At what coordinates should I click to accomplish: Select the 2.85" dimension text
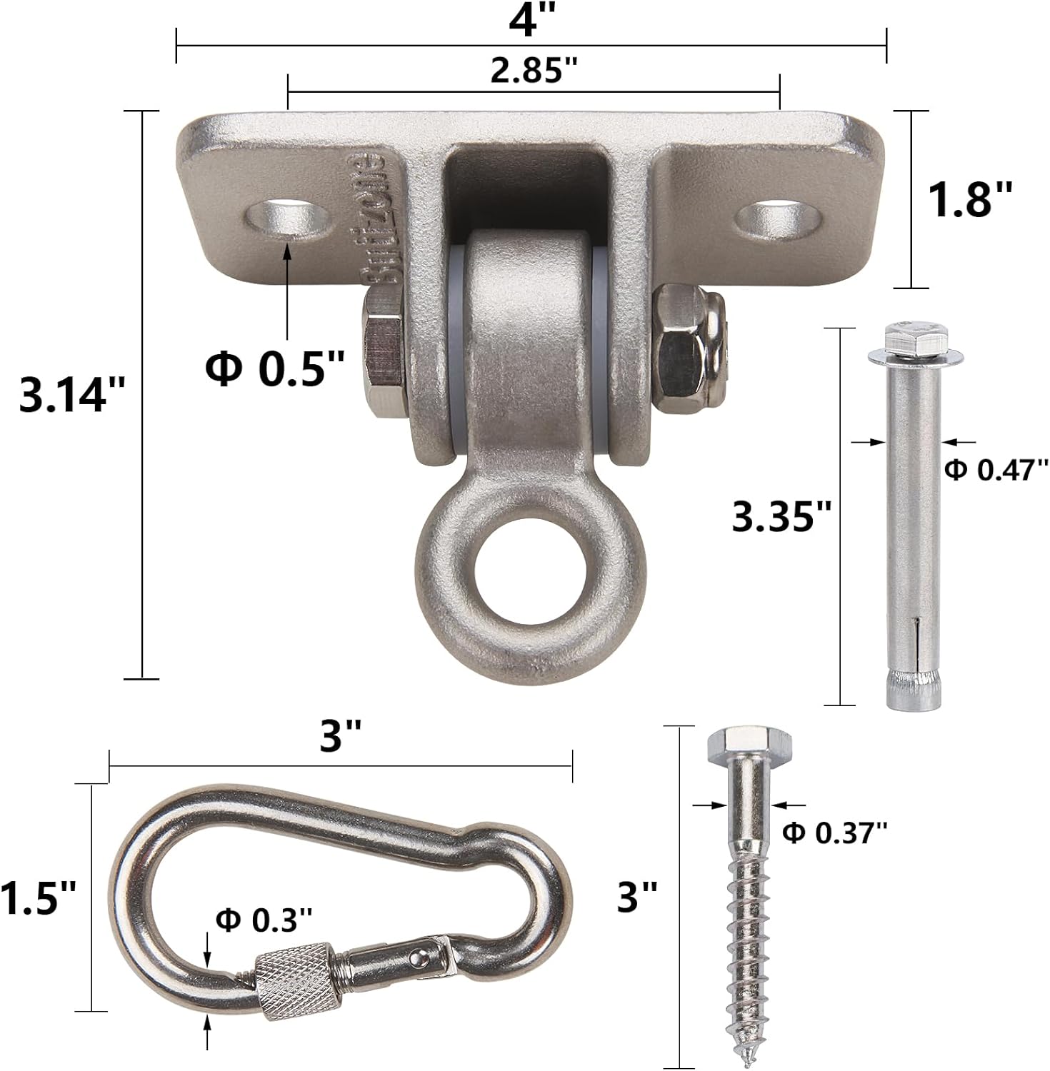[534, 70]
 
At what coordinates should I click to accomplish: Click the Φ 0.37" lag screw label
[835, 832]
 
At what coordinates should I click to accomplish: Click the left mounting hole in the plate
[288, 217]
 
